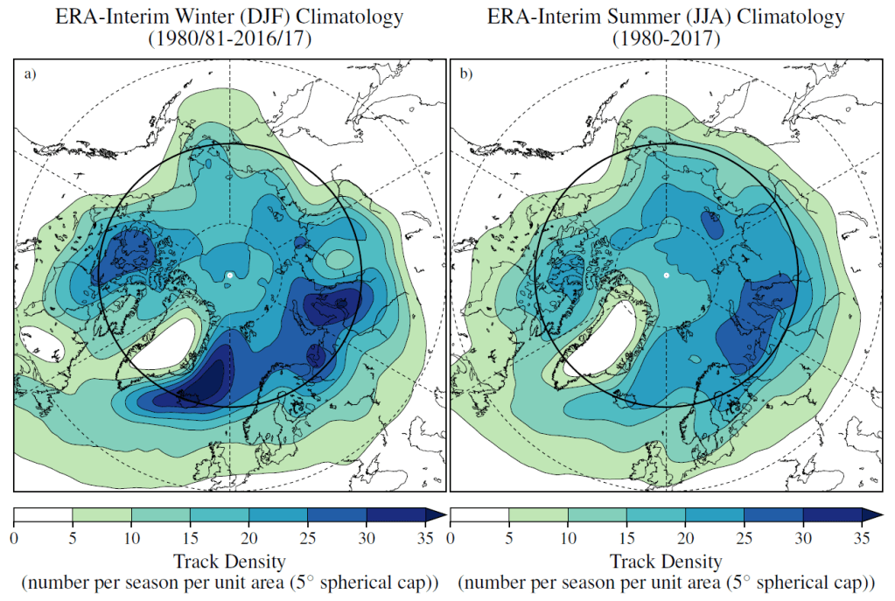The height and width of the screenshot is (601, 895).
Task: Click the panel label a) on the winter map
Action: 31,74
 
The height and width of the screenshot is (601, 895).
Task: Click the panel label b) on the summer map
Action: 465,74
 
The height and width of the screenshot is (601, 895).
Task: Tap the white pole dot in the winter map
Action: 229,275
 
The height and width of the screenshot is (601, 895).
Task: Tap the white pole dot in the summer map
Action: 666,275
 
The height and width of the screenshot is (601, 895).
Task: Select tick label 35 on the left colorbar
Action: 425,536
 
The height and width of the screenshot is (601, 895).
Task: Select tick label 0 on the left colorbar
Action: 14,536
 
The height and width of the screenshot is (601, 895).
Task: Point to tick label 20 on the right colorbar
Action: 685,536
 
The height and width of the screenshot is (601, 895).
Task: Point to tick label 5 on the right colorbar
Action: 508,536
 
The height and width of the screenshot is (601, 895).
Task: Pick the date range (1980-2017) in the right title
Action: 666,38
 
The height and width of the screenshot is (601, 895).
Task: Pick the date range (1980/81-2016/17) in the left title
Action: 229,38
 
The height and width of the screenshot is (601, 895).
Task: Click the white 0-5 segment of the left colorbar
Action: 43,514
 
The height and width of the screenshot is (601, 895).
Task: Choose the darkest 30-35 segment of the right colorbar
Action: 832,514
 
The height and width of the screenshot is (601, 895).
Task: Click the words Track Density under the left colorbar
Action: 229,561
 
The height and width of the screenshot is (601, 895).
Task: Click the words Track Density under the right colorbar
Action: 666,561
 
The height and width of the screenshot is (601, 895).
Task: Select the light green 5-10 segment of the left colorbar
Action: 101,514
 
